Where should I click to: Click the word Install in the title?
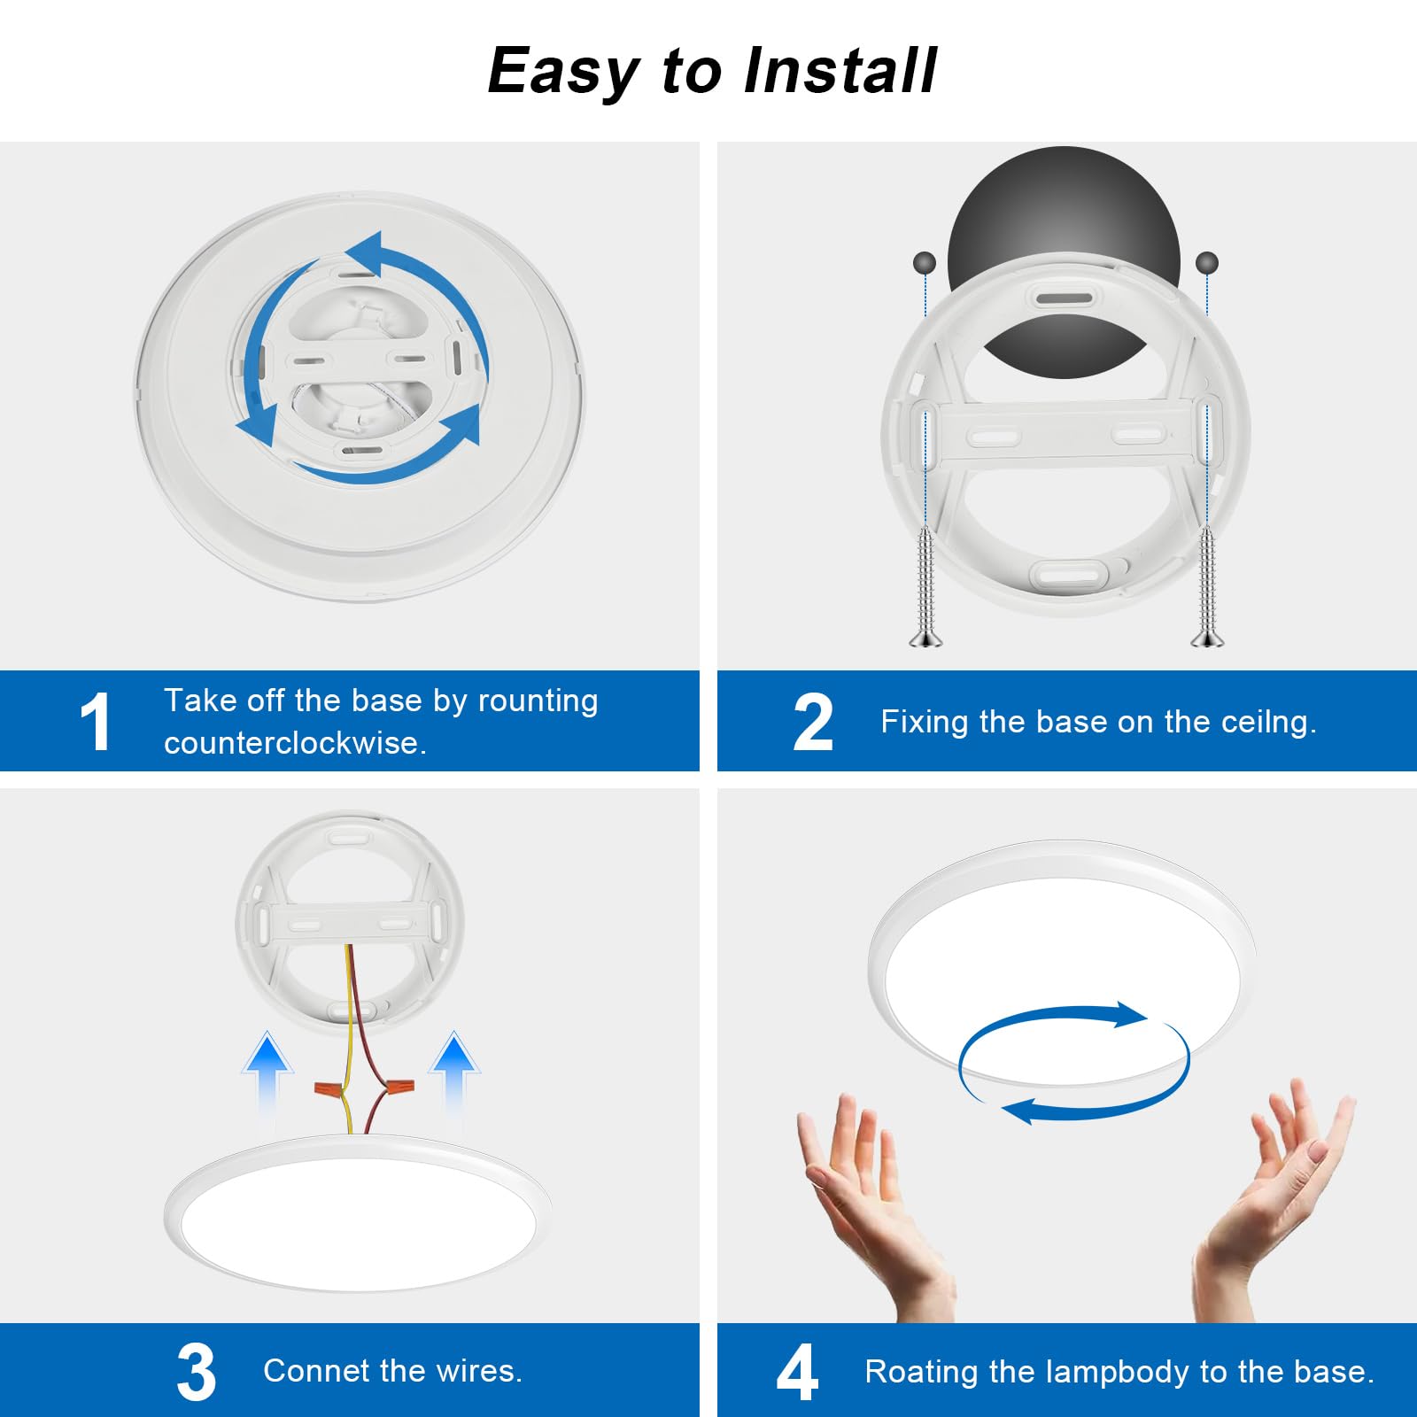pyautogui.click(x=840, y=71)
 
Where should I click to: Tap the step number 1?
pyautogui.click(x=95, y=722)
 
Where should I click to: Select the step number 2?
pyautogui.click(x=813, y=723)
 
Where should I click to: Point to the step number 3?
pyautogui.click(x=196, y=1372)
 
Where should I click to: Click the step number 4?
pyautogui.click(x=797, y=1372)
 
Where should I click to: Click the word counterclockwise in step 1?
pyautogui.click(x=295, y=743)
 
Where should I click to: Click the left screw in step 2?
pyautogui.click(x=925, y=585)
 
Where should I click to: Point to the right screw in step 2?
pyautogui.click(x=1206, y=585)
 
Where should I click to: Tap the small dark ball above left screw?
pyautogui.click(x=924, y=263)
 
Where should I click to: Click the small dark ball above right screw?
pyautogui.click(x=1207, y=263)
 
